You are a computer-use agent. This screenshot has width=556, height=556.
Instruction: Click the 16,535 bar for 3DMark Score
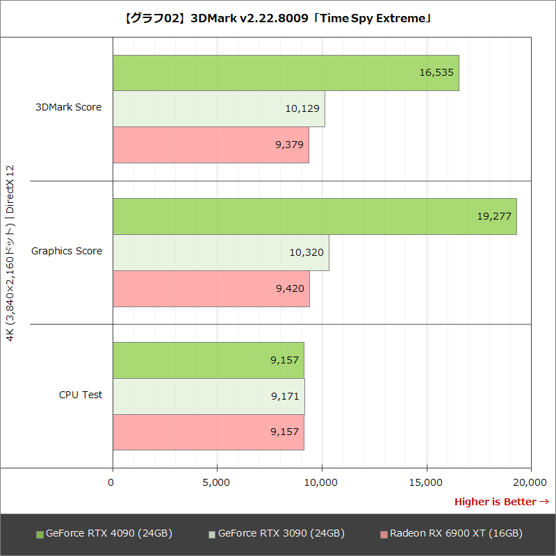point(285,73)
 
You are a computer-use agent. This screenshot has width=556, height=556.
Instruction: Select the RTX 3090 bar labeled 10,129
point(218,109)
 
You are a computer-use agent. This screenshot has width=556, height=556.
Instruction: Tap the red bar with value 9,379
point(210,145)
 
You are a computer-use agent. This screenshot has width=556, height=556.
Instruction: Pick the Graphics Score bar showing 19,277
point(314,216)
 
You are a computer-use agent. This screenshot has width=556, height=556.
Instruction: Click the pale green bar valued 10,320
point(220,252)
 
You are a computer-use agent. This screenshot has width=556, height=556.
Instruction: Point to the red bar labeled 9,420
point(211,288)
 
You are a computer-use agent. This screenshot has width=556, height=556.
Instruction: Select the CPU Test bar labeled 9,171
point(208,396)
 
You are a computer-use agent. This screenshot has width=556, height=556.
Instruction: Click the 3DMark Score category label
point(69,108)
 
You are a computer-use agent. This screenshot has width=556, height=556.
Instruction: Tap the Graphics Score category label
point(67,252)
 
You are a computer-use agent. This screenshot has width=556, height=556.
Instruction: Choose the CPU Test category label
point(81,395)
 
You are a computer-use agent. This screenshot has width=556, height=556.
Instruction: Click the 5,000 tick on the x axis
point(217,482)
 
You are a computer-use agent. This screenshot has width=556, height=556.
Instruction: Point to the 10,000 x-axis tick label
point(322,482)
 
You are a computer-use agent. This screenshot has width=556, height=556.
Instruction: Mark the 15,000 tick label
point(426,482)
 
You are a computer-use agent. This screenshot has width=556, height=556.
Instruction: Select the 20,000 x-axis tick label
point(531,482)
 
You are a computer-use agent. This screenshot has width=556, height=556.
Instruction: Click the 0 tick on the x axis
point(112,482)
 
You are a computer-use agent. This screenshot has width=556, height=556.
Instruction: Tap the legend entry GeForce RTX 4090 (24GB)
point(104,534)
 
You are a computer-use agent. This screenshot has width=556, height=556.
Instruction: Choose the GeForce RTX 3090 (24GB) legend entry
point(277,534)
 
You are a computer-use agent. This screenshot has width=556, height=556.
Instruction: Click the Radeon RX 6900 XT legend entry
point(451,534)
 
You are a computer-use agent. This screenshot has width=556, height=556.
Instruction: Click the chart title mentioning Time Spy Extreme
point(278,19)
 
